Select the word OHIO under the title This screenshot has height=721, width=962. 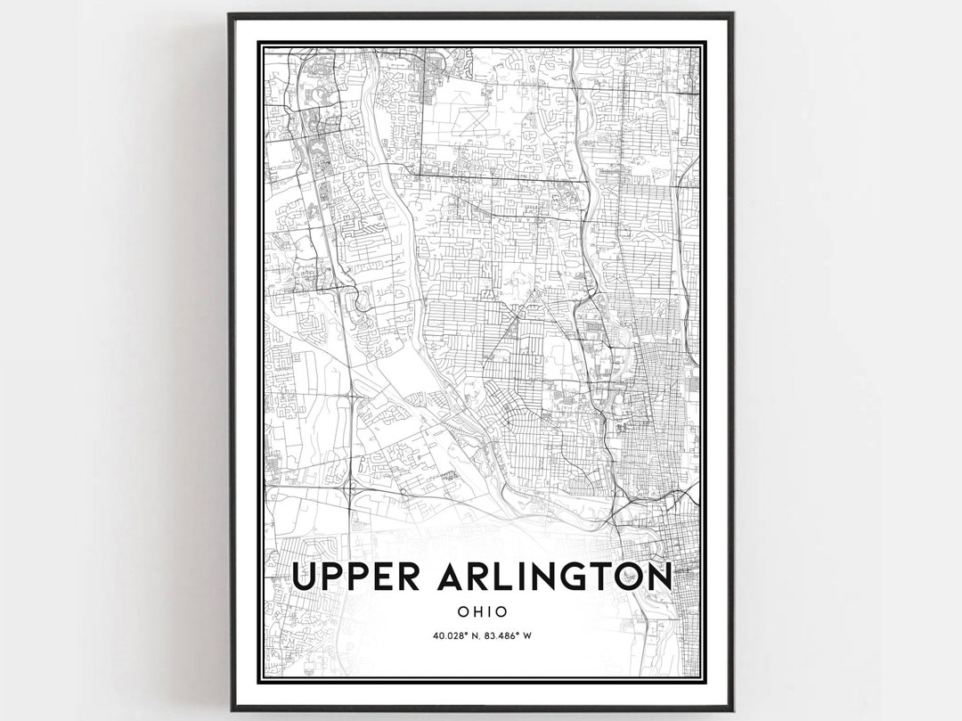pyautogui.click(x=482, y=611)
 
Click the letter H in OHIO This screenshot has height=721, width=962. pyautogui.click(x=477, y=611)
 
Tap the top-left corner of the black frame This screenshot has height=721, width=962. pyautogui.click(x=230, y=14)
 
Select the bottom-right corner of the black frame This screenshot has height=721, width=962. pyautogui.click(x=732, y=709)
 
